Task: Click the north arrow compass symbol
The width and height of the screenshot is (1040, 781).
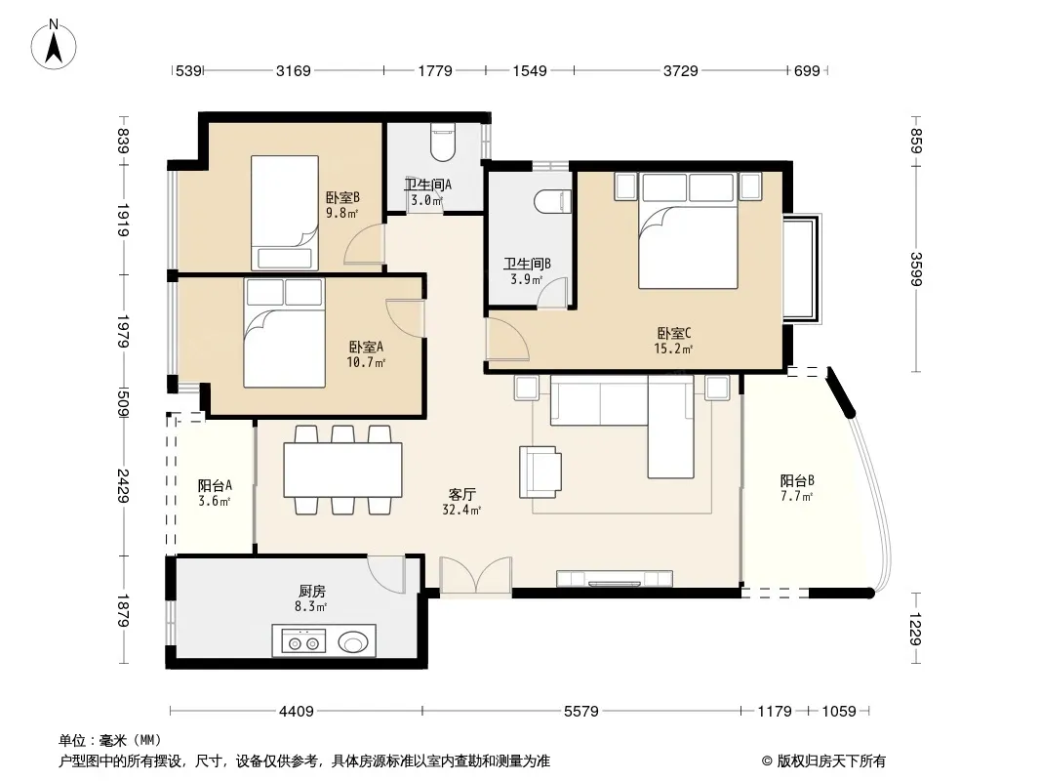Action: [x=54, y=45]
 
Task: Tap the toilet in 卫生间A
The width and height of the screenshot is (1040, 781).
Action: [x=443, y=143]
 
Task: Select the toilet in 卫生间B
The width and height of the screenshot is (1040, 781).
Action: [x=552, y=202]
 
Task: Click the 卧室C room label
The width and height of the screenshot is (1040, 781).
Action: [x=674, y=333]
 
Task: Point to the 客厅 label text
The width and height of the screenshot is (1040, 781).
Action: [x=461, y=494]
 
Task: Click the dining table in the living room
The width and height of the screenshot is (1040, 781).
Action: [x=342, y=470]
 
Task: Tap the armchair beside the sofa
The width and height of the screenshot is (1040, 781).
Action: [x=540, y=472]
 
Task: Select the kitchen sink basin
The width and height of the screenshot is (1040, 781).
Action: [x=353, y=641]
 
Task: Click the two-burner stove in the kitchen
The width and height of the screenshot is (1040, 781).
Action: [x=303, y=641]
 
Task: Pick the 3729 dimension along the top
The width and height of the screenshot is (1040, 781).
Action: [x=681, y=70]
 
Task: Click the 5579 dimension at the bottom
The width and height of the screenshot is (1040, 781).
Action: [x=581, y=712]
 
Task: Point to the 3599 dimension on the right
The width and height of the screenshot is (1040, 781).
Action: [x=915, y=268]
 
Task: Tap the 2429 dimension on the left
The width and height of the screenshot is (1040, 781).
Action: [x=123, y=486]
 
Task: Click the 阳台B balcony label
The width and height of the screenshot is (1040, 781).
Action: [x=796, y=480]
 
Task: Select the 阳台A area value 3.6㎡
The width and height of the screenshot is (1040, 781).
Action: [x=215, y=501]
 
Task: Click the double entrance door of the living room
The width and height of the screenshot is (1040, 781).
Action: [x=475, y=576]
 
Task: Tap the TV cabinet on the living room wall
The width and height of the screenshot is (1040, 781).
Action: [x=615, y=579]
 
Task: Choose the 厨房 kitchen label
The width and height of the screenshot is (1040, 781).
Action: [x=312, y=591]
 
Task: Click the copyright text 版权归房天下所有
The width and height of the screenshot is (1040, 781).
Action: [x=830, y=761]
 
